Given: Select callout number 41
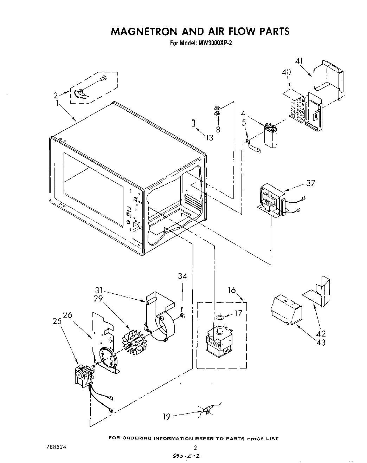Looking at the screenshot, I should (299, 61).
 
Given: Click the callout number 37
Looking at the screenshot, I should (310, 183).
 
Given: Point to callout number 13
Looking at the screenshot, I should (209, 138).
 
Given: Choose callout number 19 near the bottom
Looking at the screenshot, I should (167, 417).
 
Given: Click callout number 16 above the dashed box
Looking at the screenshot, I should (232, 290).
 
